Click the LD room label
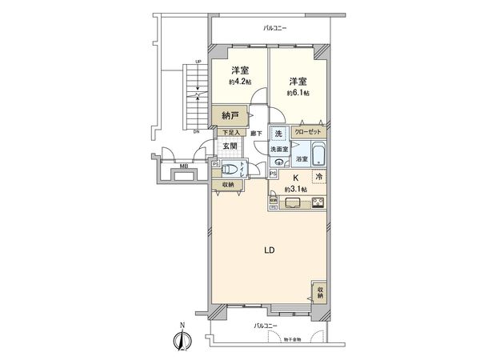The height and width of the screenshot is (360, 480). pos(270,250)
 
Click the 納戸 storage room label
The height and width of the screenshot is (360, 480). pos(230,116)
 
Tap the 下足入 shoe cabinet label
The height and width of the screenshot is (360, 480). pos(230,133)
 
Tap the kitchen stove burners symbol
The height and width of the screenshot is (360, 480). pos(318,202)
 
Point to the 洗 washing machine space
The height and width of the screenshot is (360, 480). pos(278,133)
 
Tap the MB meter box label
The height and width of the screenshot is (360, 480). pos(183,166)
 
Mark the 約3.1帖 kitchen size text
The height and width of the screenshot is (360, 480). pos(294,190)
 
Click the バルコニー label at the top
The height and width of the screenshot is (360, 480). pos(275,29)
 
